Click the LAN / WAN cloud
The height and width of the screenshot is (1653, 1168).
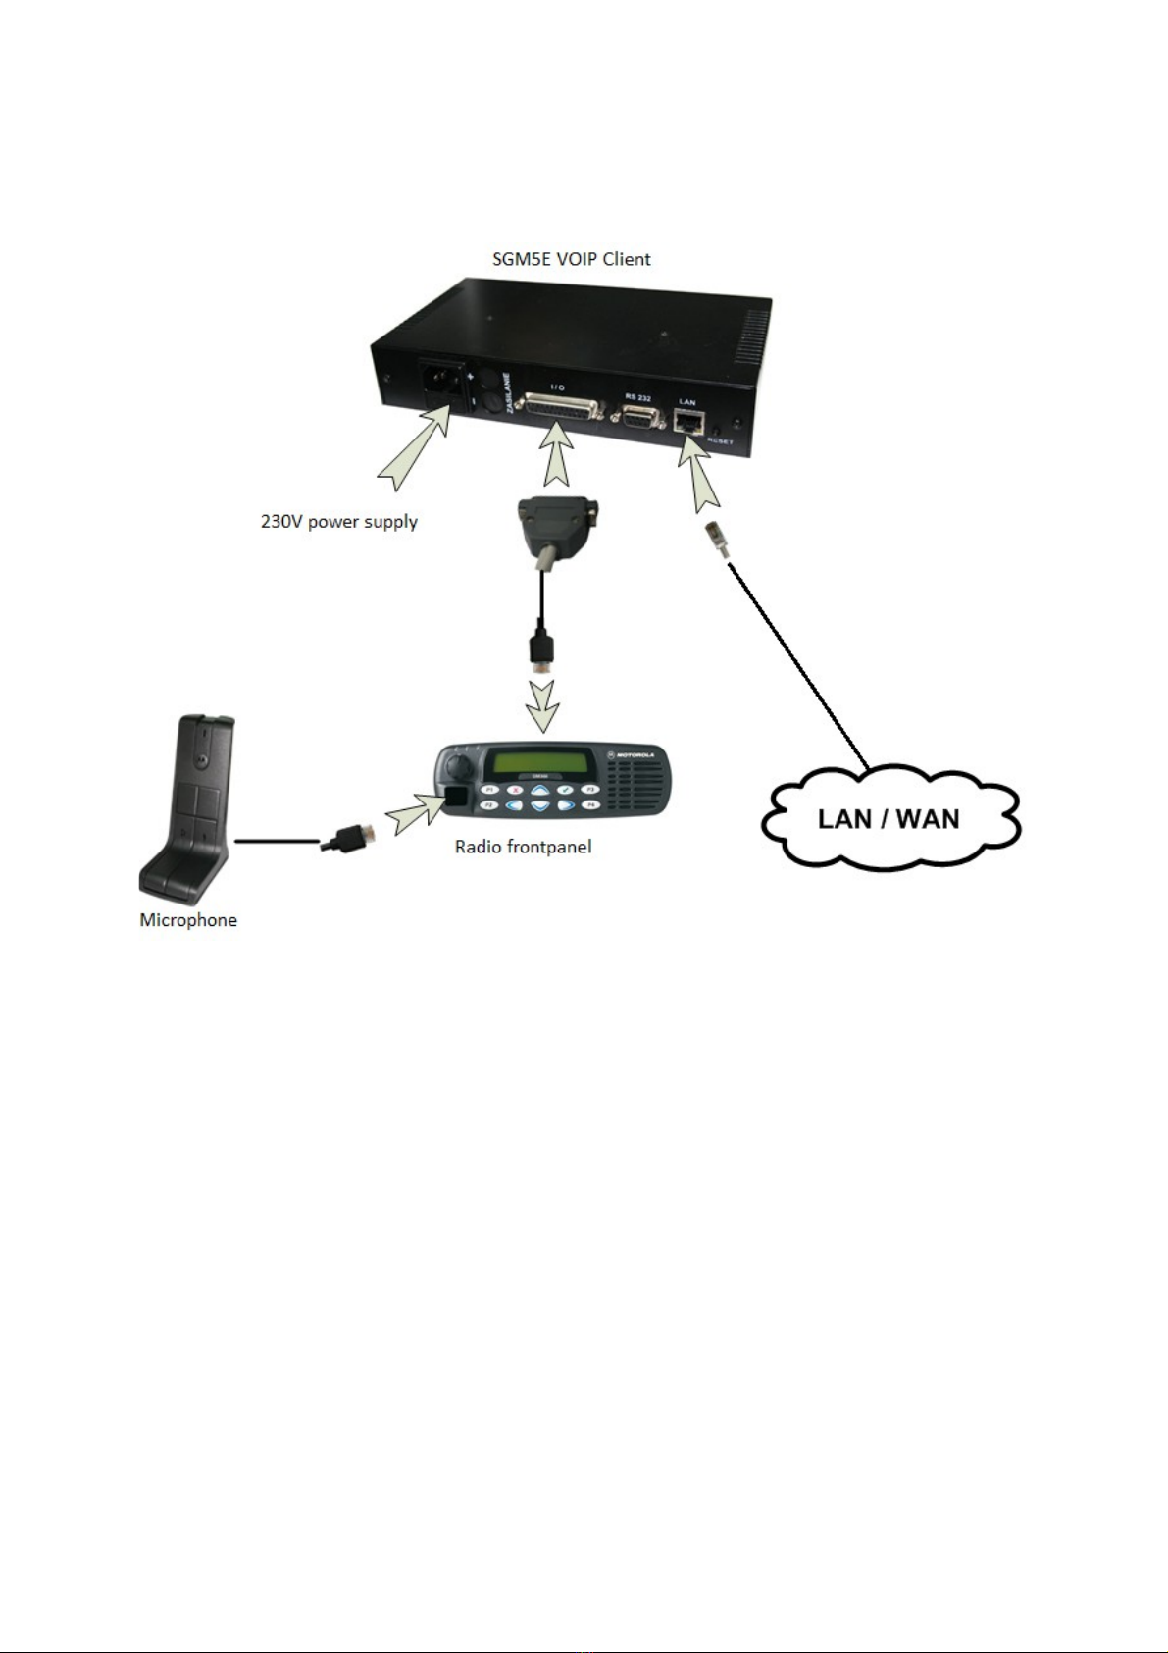(889, 817)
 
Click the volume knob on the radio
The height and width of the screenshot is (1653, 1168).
(457, 763)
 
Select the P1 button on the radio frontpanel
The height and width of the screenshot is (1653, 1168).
(489, 789)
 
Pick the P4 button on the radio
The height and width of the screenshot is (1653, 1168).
(590, 804)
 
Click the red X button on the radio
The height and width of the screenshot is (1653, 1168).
(515, 789)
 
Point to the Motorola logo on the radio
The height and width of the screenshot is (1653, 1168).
(630, 754)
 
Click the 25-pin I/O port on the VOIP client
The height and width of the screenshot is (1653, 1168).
(557, 409)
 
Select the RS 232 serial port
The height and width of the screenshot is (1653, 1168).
(637, 416)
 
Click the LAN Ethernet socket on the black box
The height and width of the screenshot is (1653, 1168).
(687, 423)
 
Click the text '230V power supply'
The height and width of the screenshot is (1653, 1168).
(339, 522)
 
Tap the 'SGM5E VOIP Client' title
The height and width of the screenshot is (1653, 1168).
(571, 259)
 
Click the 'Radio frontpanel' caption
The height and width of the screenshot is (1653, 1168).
(523, 847)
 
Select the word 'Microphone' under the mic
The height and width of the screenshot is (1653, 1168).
(188, 920)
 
